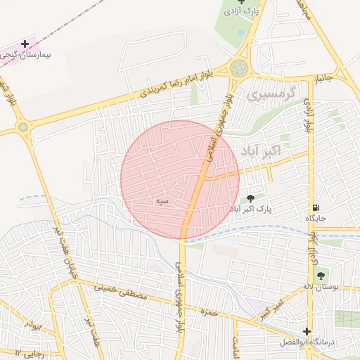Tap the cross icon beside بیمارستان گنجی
(x=25, y=44)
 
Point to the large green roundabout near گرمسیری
(x=239, y=68)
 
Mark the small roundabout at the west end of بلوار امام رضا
(x=24, y=127)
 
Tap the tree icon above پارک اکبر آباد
(x=251, y=199)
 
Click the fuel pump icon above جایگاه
(x=316, y=208)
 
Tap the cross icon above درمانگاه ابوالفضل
(x=307, y=331)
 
